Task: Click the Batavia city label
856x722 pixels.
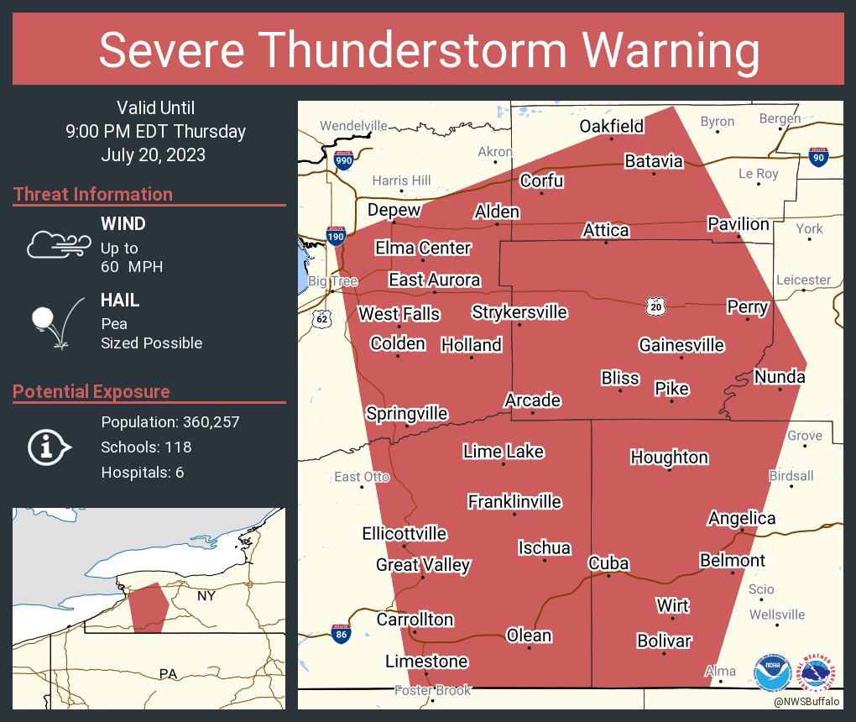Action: (x=653, y=161)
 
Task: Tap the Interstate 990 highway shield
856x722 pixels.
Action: (x=343, y=161)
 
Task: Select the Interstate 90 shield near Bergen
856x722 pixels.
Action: (x=817, y=157)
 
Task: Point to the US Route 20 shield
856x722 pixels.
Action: (x=655, y=307)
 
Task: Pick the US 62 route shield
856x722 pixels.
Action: (x=322, y=319)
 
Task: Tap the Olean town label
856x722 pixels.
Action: (x=529, y=635)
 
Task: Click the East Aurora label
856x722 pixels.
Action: (x=434, y=280)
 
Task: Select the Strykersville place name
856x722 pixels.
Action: (x=519, y=312)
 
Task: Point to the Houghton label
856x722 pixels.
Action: (x=669, y=458)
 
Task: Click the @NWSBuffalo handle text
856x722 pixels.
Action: (x=806, y=700)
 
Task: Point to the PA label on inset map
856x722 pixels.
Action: (x=168, y=673)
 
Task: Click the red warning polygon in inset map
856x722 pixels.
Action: (x=149, y=607)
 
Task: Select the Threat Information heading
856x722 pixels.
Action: (x=93, y=194)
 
